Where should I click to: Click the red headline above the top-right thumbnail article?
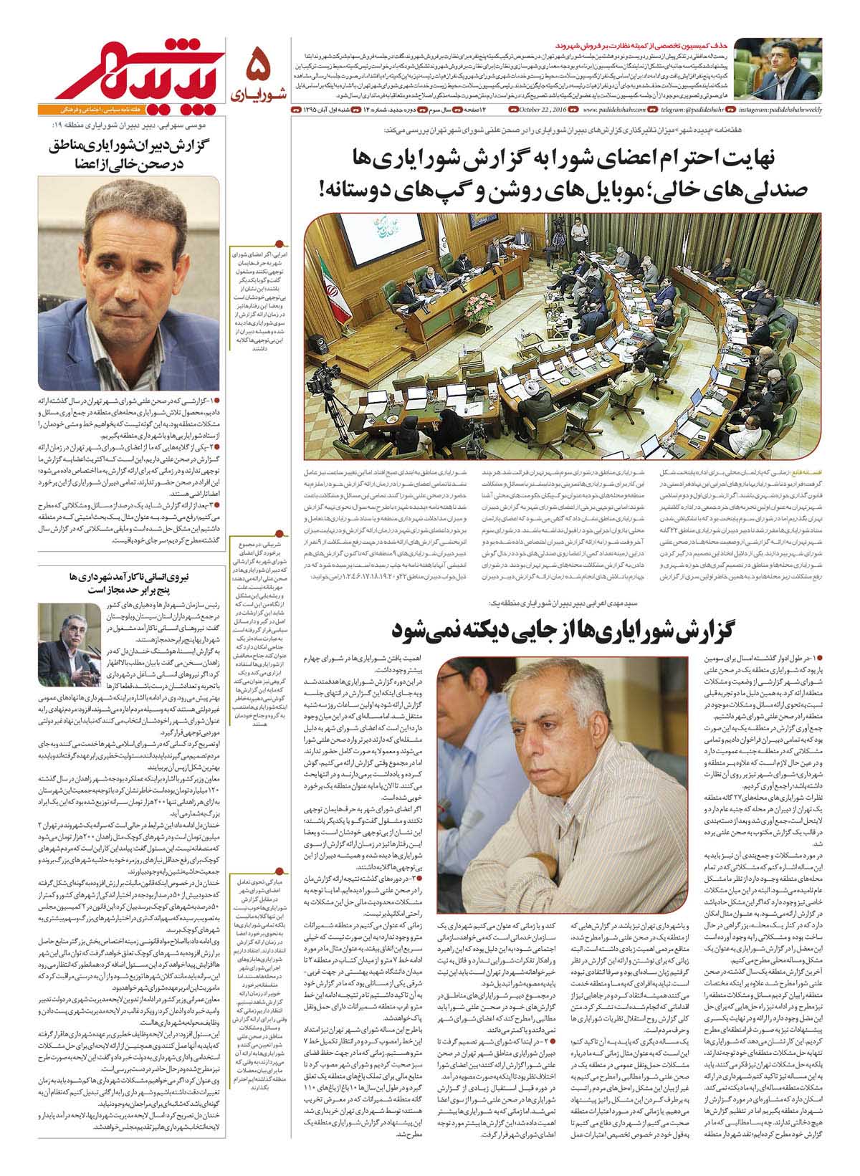[x=758, y=44]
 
